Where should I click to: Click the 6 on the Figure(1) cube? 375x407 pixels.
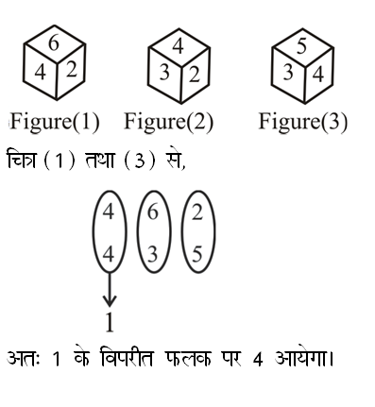click(54, 43)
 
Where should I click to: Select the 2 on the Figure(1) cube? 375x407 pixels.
click(71, 68)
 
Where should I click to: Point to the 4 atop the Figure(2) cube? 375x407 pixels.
click(178, 43)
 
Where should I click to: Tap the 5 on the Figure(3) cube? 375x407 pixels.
click(301, 43)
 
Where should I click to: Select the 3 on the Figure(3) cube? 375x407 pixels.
click(286, 72)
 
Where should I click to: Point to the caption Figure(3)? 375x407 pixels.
click(302, 122)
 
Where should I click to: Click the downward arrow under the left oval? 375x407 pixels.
click(109, 288)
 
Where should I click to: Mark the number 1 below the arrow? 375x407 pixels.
click(109, 324)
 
